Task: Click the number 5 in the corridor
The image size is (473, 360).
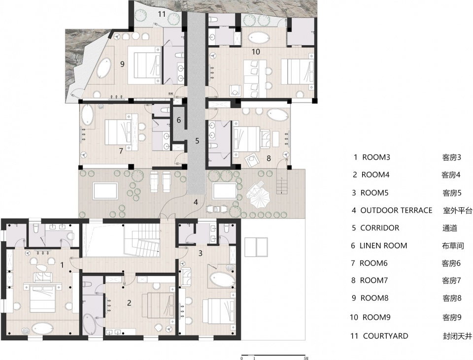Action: tap(197, 141)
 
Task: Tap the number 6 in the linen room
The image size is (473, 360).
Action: tap(178, 120)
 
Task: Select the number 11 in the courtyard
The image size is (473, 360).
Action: tap(162, 14)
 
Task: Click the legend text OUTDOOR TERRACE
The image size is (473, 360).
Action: tap(396, 210)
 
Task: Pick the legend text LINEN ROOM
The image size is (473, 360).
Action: tap(383, 246)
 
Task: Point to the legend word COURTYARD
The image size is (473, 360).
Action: tap(385, 336)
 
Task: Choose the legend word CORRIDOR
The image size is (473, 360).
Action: tap(379, 228)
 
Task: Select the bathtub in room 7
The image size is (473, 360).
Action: tap(88, 115)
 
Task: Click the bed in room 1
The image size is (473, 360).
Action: tap(42, 298)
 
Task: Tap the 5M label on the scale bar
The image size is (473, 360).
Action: tap(305, 358)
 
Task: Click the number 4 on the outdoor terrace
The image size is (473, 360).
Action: tap(196, 202)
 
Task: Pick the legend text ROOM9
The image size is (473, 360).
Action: tap(376, 317)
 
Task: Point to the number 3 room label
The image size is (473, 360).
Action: tap(201, 253)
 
